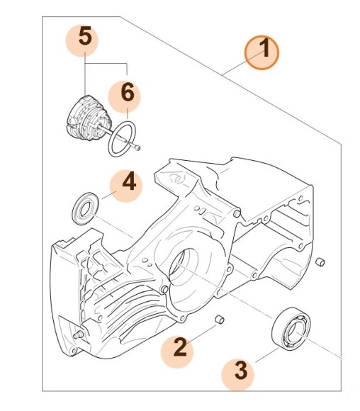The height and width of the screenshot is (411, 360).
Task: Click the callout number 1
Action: click(x=262, y=51)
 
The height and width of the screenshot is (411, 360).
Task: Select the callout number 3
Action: click(x=240, y=371)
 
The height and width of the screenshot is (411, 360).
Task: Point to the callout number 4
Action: click(x=128, y=184)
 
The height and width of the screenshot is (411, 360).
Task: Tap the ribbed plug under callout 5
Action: click(x=84, y=118)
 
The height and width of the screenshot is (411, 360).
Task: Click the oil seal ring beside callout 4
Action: click(x=84, y=208)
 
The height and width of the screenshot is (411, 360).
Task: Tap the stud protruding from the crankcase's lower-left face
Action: click(x=78, y=334)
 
